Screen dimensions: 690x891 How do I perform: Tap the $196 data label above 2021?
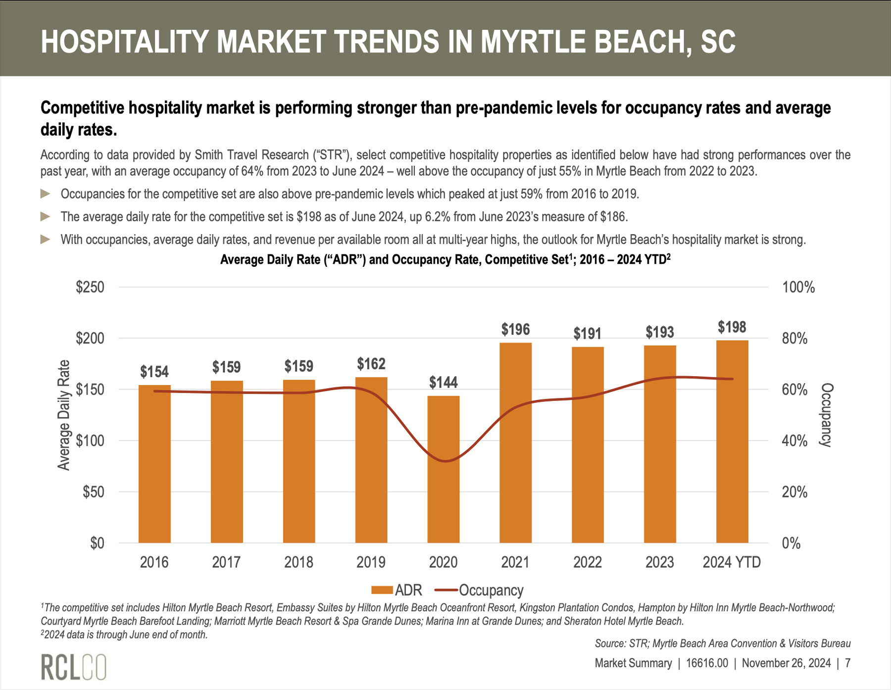click(x=515, y=330)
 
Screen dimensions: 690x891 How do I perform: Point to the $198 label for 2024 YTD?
click(x=732, y=327)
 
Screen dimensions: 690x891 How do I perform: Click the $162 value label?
click(x=371, y=364)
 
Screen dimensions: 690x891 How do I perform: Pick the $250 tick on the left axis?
click(x=90, y=287)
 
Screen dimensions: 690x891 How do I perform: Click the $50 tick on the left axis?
click(x=94, y=492)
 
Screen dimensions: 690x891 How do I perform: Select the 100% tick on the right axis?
click(x=798, y=287)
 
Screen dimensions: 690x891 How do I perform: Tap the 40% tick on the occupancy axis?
click(x=794, y=441)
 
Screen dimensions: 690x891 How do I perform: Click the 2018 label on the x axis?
click(x=298, y=562)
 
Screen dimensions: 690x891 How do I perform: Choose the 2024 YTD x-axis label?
click(x=732, y=562)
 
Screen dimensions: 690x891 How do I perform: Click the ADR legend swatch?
click(x=382, y=590)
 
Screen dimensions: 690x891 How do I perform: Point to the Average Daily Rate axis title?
click(x=64, y=415)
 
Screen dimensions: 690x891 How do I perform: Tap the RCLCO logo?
click(x=73, y=667)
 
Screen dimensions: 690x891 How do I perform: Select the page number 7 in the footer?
click(x=847, y=663)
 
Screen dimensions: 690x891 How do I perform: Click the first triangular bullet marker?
click(x=46, y=194)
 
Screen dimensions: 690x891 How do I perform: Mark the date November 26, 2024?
click(x=786, y=663)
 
